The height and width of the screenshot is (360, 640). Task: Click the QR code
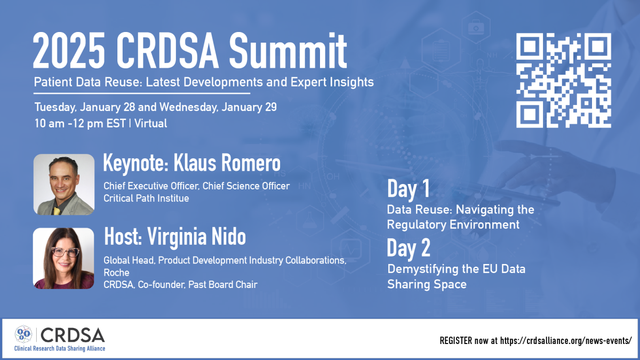point(564,80)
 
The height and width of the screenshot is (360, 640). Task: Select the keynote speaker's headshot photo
point(63,185)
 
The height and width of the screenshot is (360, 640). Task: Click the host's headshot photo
point(63,258)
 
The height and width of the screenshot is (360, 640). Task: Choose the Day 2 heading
point(409,249)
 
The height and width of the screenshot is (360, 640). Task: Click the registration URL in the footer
point(566,340)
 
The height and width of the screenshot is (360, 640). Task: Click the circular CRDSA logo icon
point(23,334)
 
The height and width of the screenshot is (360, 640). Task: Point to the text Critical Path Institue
point(146,198)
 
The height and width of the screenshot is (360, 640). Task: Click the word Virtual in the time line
point(151,123)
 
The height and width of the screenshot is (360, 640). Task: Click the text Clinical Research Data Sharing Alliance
point(60,348)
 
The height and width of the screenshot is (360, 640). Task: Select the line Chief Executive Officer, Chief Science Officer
point(196,186)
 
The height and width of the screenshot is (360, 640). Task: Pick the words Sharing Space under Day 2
point(427,284)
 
